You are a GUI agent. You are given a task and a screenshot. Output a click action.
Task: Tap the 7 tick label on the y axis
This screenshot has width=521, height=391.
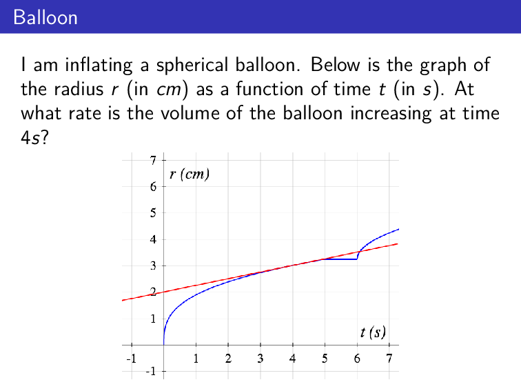click(153, 161)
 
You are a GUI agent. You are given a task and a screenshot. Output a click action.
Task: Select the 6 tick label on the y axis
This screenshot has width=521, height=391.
click(153, 187)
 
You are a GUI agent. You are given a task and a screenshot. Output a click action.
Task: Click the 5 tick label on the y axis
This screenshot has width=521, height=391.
click(153, 213)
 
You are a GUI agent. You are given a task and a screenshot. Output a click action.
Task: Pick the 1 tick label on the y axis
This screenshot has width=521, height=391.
click(153, 319)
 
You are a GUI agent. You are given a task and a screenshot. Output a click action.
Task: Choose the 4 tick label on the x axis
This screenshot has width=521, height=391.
click(293, 359)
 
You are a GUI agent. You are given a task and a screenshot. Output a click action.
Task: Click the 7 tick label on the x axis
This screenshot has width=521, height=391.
click(389, 359)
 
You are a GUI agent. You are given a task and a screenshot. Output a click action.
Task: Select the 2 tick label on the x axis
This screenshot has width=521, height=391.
click(228, 359)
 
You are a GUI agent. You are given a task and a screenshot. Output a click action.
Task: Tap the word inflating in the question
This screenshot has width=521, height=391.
click(92, 66)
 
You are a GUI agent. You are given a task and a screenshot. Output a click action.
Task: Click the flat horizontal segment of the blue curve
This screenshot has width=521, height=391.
click(340, 259)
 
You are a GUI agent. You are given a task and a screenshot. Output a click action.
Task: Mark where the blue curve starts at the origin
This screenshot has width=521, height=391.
click(164, 343)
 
